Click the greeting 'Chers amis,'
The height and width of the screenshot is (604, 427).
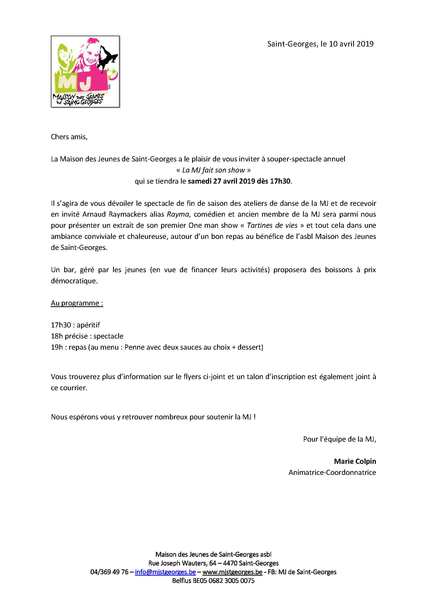[x=69, y=137]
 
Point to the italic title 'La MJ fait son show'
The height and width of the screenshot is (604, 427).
[x=213, y=170]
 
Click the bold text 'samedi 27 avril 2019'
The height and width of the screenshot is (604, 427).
[x=221, y=181]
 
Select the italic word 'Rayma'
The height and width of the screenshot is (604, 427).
[x=178, y=214]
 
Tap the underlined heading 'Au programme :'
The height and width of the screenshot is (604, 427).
[x=77, y=303]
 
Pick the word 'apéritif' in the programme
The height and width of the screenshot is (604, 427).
[x=88, y=325]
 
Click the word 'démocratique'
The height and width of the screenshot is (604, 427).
[x=74, y=281]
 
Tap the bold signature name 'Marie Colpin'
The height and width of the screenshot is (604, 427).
[x=355, y=461]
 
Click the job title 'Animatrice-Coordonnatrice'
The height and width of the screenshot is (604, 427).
[x=332, y=473]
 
